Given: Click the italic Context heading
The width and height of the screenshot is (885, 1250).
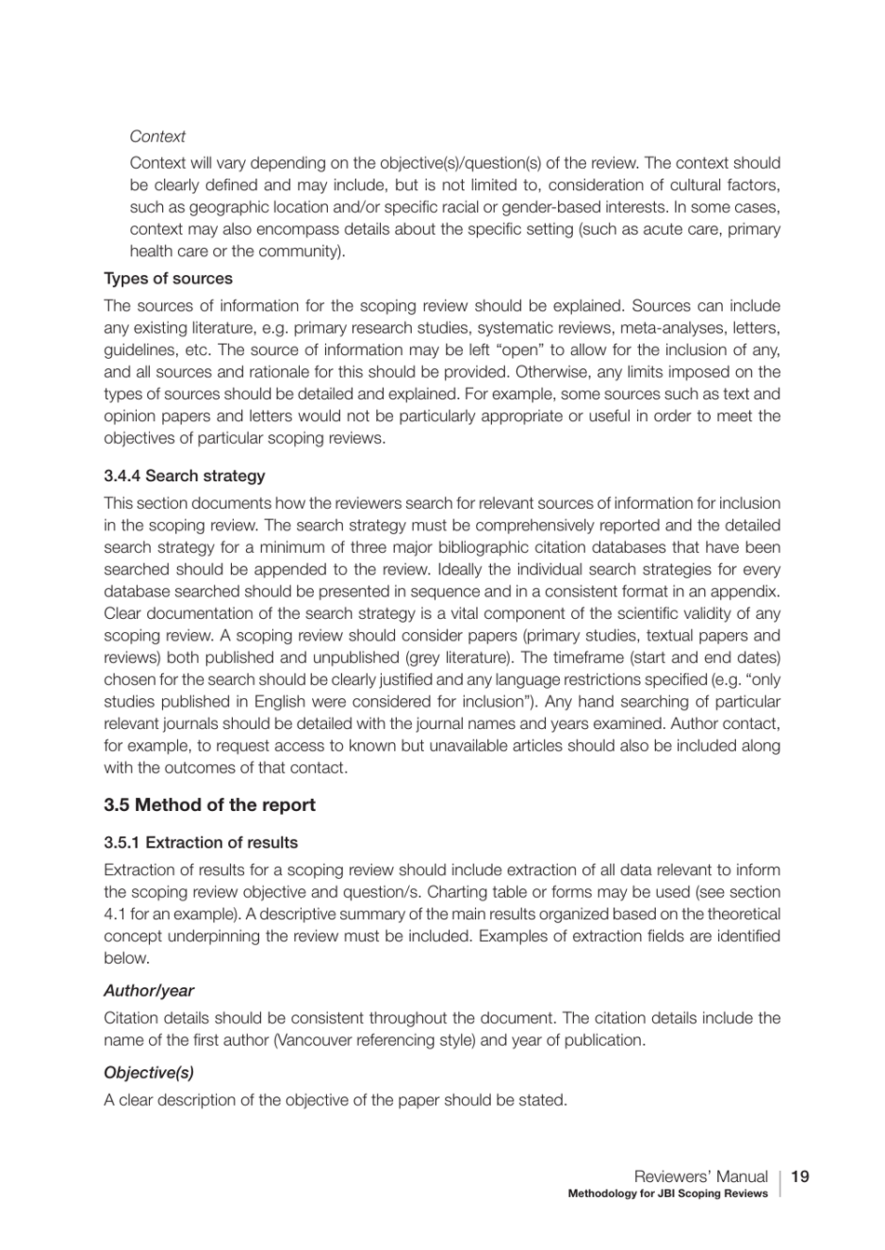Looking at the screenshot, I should (x=157, y=136).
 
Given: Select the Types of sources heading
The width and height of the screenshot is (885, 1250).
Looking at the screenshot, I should (x=168, y=279).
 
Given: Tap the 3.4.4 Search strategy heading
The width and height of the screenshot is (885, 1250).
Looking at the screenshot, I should (x=184, y=476).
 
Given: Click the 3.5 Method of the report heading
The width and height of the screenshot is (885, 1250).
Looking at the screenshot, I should (x=210, y=805).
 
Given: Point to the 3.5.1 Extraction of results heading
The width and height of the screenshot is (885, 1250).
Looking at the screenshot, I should (x=200, y=843).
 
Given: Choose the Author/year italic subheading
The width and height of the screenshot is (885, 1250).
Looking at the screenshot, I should (x=148, y=991).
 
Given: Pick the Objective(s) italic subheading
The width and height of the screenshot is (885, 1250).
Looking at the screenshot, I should (x=148, y=1073).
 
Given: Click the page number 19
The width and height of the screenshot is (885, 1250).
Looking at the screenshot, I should (x=799, y=1176).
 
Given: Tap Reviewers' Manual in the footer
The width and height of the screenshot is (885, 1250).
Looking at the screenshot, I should (x=701, y=1176).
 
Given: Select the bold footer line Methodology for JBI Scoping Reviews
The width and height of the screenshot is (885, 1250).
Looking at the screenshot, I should (x=668, y=1194).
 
